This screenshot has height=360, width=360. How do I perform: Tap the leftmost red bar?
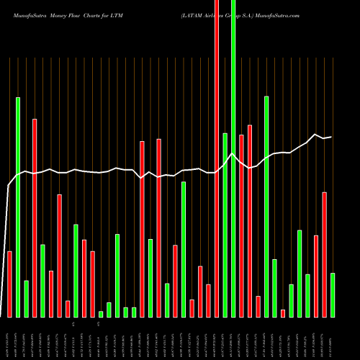10,284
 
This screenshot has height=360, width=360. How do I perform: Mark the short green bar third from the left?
27,299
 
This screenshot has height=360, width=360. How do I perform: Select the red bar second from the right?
324,255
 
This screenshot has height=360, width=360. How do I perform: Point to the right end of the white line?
331,137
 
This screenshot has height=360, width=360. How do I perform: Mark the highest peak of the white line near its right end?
315,134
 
